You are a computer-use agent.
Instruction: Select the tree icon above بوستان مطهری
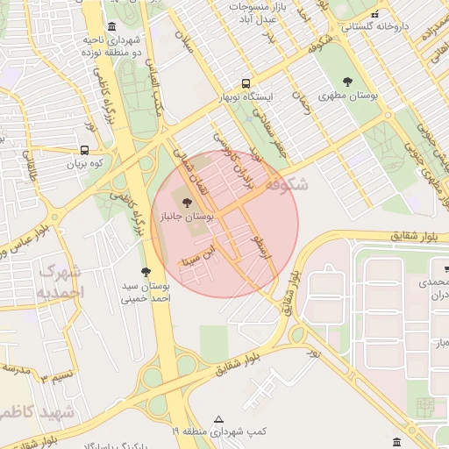coord(347,82)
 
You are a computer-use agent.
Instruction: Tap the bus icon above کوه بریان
coord(86,150)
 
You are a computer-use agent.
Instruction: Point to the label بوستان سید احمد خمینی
coord(145,293)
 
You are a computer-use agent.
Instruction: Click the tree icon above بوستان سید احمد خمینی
coord(146,273)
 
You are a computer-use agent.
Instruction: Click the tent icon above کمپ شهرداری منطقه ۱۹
coord(218,419)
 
